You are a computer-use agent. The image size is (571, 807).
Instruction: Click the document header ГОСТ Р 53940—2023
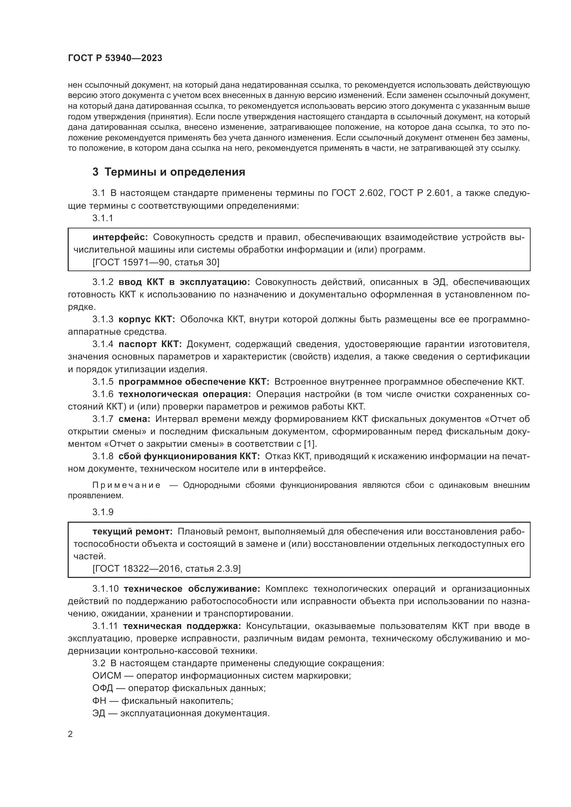[x=115, y=58]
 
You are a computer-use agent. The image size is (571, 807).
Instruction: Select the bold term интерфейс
[x=120, y=237]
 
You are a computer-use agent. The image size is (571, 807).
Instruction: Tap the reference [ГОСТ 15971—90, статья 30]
[x=156, y=262]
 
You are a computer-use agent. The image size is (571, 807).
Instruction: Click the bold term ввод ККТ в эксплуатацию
[x=184, y=282]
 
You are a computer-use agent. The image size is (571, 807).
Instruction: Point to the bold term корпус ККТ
[x=147, y=319]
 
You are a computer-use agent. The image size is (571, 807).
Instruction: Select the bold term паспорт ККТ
[x=150, y=344]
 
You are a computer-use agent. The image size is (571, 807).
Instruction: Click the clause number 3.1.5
[x=103, y=382]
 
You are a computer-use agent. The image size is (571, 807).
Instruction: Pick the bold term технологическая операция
[x=185, y=394]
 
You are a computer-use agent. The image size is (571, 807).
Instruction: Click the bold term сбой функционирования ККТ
[x=189, y=456]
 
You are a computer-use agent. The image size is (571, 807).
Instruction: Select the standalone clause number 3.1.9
[x=103, y=512]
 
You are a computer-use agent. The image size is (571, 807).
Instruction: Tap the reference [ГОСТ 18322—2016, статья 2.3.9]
[x=166, y=568]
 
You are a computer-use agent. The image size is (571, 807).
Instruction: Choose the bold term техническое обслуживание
[x=192, y=588]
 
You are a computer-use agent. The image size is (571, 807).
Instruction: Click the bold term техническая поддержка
[x=182, y=626]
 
